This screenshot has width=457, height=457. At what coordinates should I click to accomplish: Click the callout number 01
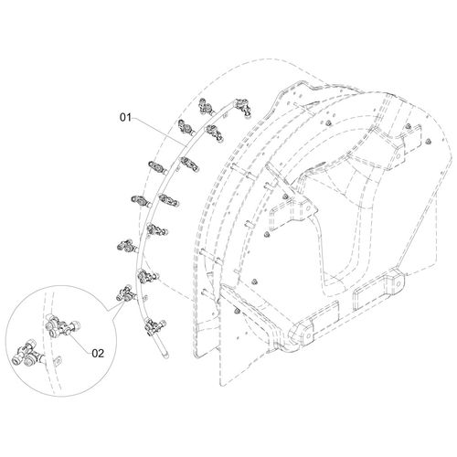coord(125,117)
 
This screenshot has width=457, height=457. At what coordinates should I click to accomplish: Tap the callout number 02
coord(98,354)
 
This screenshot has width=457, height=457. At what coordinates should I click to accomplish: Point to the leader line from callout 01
coord(158,131)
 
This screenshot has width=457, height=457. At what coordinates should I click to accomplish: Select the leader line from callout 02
coord(79,343)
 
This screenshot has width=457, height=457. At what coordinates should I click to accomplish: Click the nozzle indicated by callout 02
coord(62,328)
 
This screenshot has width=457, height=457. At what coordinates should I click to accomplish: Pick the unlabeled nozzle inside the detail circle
coord(28,356)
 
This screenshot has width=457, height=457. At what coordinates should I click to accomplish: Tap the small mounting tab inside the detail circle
coord(58,360)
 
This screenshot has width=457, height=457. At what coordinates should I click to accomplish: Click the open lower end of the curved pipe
coord(166,356)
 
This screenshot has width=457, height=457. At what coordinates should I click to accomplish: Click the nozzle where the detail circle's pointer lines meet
coord(125,294)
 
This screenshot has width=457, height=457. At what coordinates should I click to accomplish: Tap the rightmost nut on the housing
coord(428,141)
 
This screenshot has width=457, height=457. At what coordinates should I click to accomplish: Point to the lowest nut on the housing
coord(238,311)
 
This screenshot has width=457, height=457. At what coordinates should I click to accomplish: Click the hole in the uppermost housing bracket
coord(399,155)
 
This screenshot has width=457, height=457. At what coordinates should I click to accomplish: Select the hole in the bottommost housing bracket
coord(308,335)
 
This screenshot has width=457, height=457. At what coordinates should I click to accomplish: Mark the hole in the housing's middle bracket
coord(308,208)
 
